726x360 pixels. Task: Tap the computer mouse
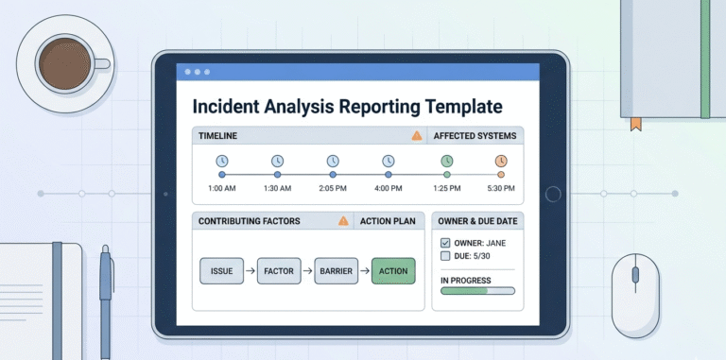coord(634,294)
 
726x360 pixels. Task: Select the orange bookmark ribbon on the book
coord(634,123)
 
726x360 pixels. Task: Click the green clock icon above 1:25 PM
coord(446,161)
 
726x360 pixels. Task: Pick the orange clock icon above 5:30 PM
coord(501,161)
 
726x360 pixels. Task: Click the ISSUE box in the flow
coord(221,271)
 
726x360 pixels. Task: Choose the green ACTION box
coord(392,271)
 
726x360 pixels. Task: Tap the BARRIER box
coord(336,271)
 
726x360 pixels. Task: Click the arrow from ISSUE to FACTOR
coord(250,271)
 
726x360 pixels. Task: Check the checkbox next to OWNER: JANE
coord(445,243)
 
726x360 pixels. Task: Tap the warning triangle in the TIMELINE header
coord(416,136)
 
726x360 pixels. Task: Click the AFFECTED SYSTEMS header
coord(474,136)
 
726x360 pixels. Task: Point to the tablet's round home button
coord(553,194)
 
